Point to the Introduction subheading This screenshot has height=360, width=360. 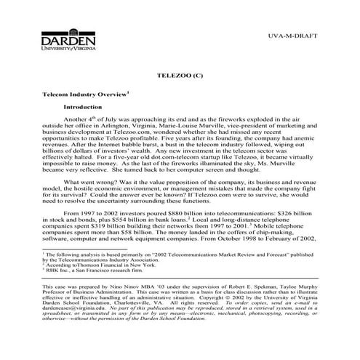pyautogui.click(x=85, y=106)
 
